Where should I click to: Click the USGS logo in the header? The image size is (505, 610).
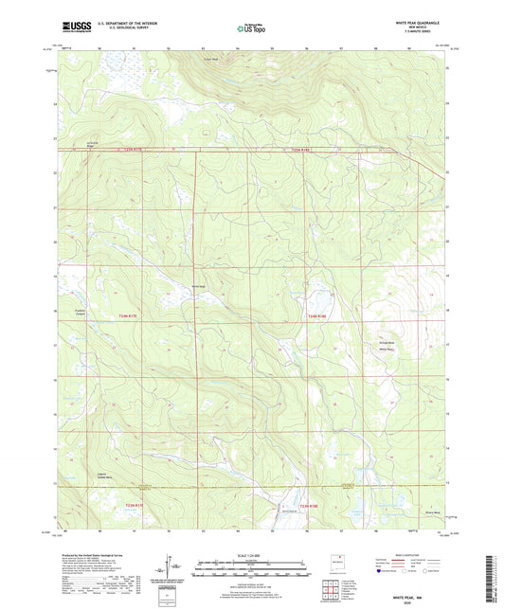coord(70,29)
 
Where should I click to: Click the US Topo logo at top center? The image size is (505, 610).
coord(249,29)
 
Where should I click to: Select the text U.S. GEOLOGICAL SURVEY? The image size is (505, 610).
coord(117,31)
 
